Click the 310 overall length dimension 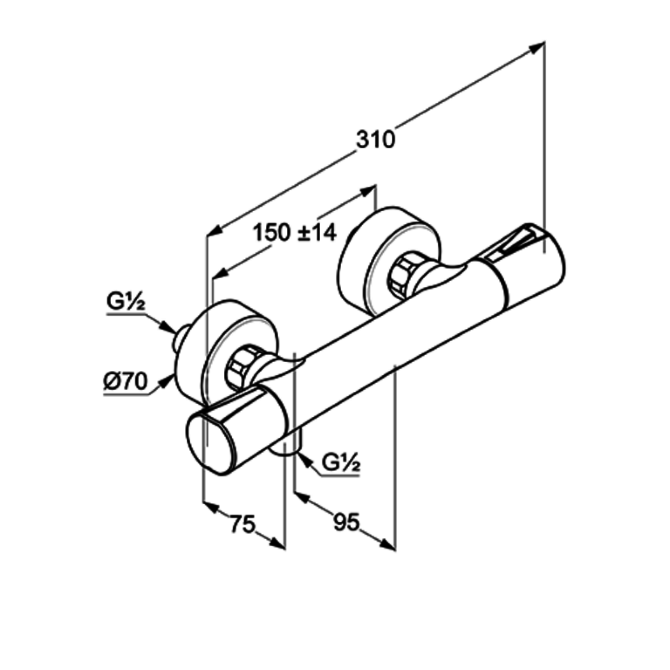click(x=376, y=139)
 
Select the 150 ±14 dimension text click(x=295, y=233)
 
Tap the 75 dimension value click(x=243, y=523)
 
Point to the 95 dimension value click(x=347, y=522)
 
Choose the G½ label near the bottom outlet click(x=341, y=465)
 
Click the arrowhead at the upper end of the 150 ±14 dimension click(x=367, y=191)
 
